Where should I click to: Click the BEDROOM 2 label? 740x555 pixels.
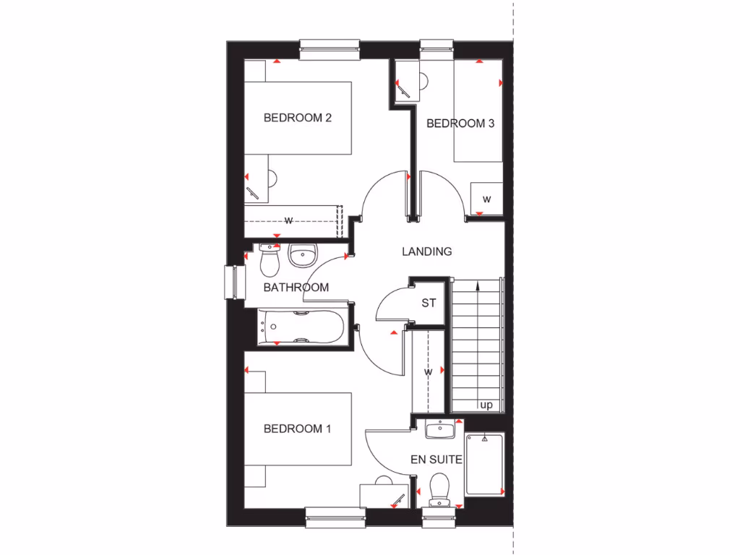pyautogui.click(x=297, y=117)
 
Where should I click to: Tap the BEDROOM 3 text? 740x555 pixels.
pyautogui.click(x=460, y=124)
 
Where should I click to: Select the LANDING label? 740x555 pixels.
pyautogui.click(x=427, y=251)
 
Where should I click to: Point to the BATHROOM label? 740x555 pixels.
pyautogui.click(x=296, y=287)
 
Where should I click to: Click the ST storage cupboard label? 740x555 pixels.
pyautogui.click(x=429, y=303)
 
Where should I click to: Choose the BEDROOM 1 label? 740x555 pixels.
pyautogui.click(x=297, y=429)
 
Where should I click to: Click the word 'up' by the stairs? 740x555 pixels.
pyautogui.click(x=486, y=405)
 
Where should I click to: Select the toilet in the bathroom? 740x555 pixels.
pyautogui.click(x=270, y=262)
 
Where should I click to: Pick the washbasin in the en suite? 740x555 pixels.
pyautogui.click(x=439, y=431)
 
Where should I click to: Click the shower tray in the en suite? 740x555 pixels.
pyautogui.click(x=483, y=464)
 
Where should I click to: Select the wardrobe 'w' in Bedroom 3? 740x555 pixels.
pyautogui.click(x=486, y=199)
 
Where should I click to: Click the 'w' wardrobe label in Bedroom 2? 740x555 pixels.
pyautogui.click(x=288, y=220)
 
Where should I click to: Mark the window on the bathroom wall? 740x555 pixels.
pyautogui.click(x=233, y=283)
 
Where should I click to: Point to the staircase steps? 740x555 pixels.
pyautogui.click(x=476, y=340)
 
